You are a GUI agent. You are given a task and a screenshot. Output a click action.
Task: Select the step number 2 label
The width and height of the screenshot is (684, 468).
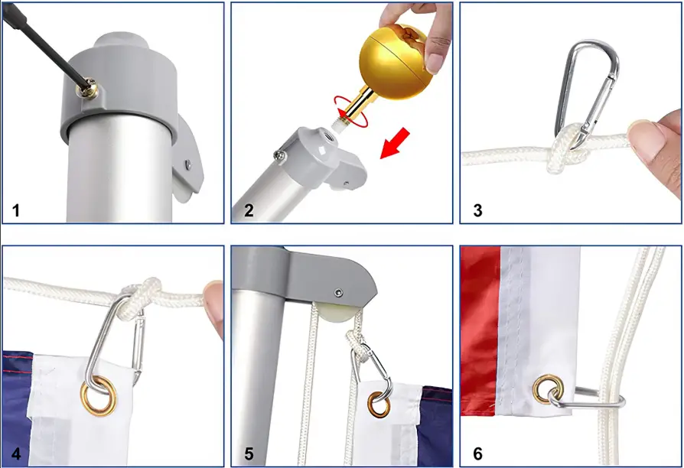(249, 210)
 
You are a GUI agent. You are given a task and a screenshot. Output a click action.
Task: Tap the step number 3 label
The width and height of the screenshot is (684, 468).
(478, 210)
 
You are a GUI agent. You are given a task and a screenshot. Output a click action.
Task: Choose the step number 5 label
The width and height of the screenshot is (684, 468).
(249, 453)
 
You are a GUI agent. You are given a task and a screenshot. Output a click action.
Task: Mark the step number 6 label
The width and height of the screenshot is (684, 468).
(478, 453)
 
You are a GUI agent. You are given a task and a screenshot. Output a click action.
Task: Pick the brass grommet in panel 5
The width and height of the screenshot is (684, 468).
(377, 403)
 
